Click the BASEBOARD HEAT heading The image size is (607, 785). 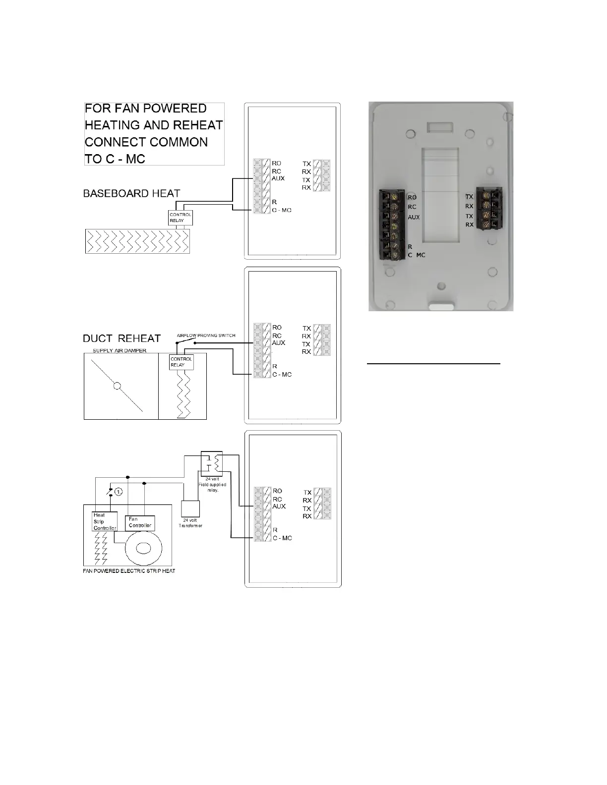131,193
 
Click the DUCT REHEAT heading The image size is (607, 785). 121,338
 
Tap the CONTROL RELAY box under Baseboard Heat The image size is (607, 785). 181,218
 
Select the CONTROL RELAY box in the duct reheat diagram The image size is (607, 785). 181,362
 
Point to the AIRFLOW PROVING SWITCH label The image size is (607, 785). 206,336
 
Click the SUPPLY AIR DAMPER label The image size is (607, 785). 120,351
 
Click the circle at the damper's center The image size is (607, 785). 117,387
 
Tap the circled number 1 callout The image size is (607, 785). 119,492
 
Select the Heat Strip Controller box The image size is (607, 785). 105,522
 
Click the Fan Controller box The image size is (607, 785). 140,522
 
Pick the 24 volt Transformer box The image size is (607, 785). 190,508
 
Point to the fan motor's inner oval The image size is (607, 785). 144,548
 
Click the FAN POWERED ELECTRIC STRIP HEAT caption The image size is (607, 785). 128,571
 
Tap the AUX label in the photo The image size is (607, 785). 414,217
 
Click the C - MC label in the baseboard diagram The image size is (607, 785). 281,210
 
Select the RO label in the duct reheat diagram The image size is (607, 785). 277,327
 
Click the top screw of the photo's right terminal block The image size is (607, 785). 486,196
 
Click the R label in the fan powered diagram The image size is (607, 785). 275,530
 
